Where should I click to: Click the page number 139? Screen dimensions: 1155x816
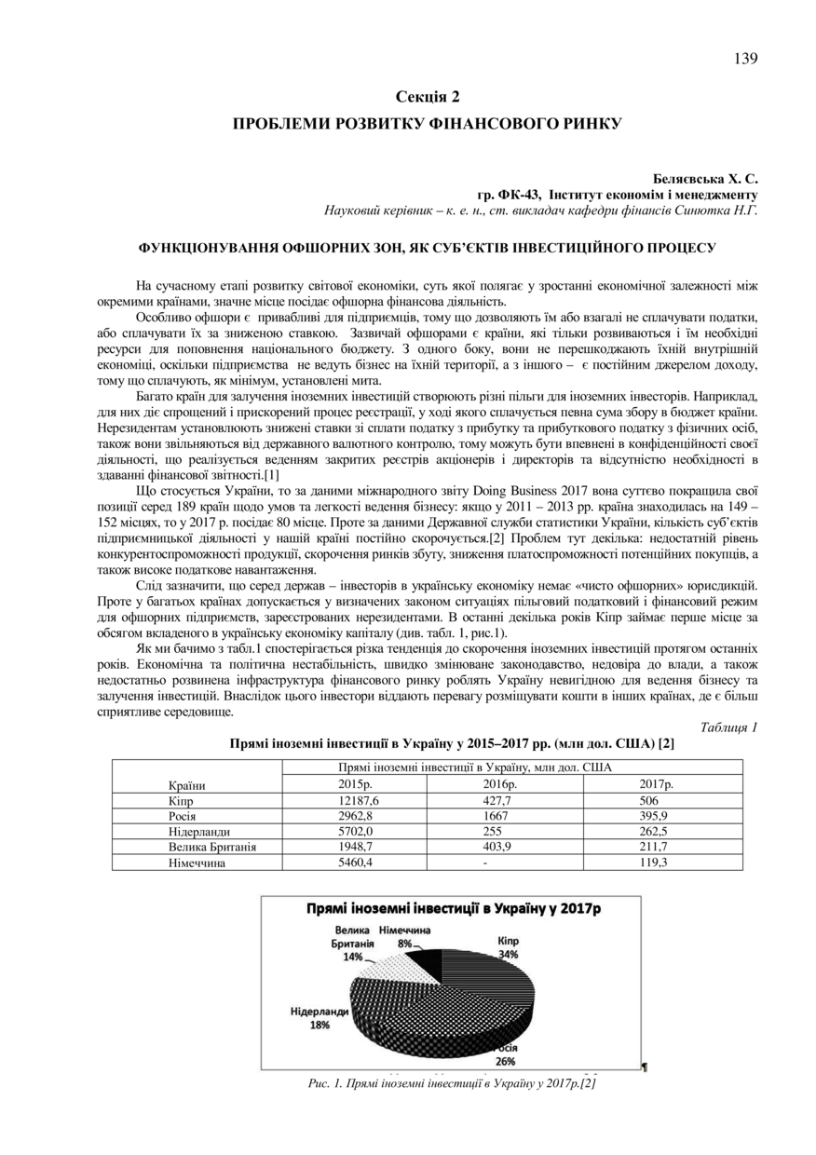pos(745,59)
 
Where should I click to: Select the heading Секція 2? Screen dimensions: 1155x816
pos(428,96)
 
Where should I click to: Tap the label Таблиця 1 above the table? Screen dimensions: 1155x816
pos(728,727)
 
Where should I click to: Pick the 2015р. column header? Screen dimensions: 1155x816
pos(354,784)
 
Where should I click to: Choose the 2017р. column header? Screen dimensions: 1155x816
pos(657,784)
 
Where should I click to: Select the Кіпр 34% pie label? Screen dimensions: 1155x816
pos(508,947)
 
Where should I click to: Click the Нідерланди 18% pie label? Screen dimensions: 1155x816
pos(320,1018)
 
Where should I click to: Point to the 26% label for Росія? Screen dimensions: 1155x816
pos(505,1060)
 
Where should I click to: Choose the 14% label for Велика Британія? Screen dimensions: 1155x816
pos(353,957)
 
